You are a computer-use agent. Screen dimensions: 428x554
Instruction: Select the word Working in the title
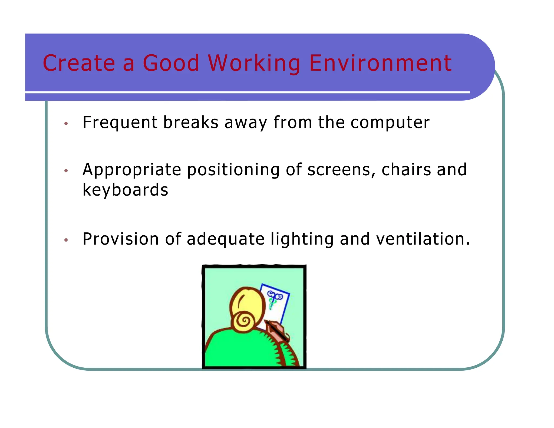pyautogui.click(x=254, y=64)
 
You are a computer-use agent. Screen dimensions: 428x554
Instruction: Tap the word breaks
pyautogui.click(x=191, y=122)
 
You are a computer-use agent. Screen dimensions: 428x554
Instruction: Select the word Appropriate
pyautogui.click(x=132, y=170)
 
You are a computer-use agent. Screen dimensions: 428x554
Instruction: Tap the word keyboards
pyautogui.click(x=125, y=190)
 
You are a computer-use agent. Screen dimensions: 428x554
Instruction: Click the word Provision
pyautogui.click(x=121, y=239)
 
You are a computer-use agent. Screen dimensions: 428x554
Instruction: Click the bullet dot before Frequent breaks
pyautogui.click(x=66, y=124)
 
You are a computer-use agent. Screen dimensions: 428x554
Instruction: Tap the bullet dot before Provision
pyautogui.click(x=66, y=240)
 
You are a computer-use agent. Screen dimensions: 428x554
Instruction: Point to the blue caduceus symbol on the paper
pyautogui.click(x=274, y=299)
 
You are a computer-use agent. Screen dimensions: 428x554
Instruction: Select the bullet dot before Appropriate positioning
pyautogui.click(x=66, y=171)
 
